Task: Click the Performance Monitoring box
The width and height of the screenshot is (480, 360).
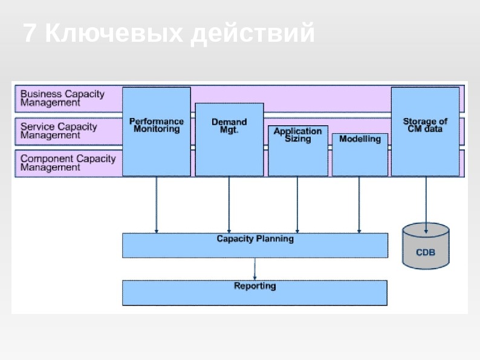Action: click(x=157, y=131)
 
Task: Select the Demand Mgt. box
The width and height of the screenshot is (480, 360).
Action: click(x=229, y=139)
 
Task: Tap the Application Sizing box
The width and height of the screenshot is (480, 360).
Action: click(x=298, y=151)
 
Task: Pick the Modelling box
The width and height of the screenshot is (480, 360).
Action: click(x=360, y=154)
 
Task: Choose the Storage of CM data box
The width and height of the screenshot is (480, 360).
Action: click(x=425, y=131)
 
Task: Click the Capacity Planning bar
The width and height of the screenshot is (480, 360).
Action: click(x=255, y=245)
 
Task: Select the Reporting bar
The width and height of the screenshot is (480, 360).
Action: click(x=255, y=292)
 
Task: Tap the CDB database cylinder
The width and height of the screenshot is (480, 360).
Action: click(x=426, y=246)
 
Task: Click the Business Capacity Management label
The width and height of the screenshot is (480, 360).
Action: click(x=62, y=98)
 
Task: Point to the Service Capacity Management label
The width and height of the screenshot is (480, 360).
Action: click(x=59, y=131)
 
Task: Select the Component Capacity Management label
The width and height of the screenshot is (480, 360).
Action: click(x=68, y=163)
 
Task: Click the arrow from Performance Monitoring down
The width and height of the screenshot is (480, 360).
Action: click(x=157, y=205)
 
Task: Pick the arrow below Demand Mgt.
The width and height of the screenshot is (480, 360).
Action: click(x=229, y=205)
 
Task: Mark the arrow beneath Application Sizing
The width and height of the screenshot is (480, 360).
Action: click(x=297, y=205)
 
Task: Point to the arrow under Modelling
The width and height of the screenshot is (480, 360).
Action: click(x=359, y=205)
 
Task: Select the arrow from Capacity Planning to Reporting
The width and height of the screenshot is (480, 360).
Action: click(x=255, y=269)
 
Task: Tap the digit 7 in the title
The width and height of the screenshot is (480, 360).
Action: click(x=30, y=34)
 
